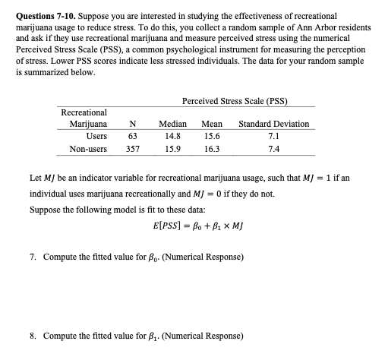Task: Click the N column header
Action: click(133, 124)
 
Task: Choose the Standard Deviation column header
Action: click(273, 124)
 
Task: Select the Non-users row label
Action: click(87, 150)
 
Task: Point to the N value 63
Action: click(133, 137)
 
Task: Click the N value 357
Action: click(133, 150)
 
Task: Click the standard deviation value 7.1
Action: click(273, 137)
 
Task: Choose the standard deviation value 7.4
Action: click(273, 150)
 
